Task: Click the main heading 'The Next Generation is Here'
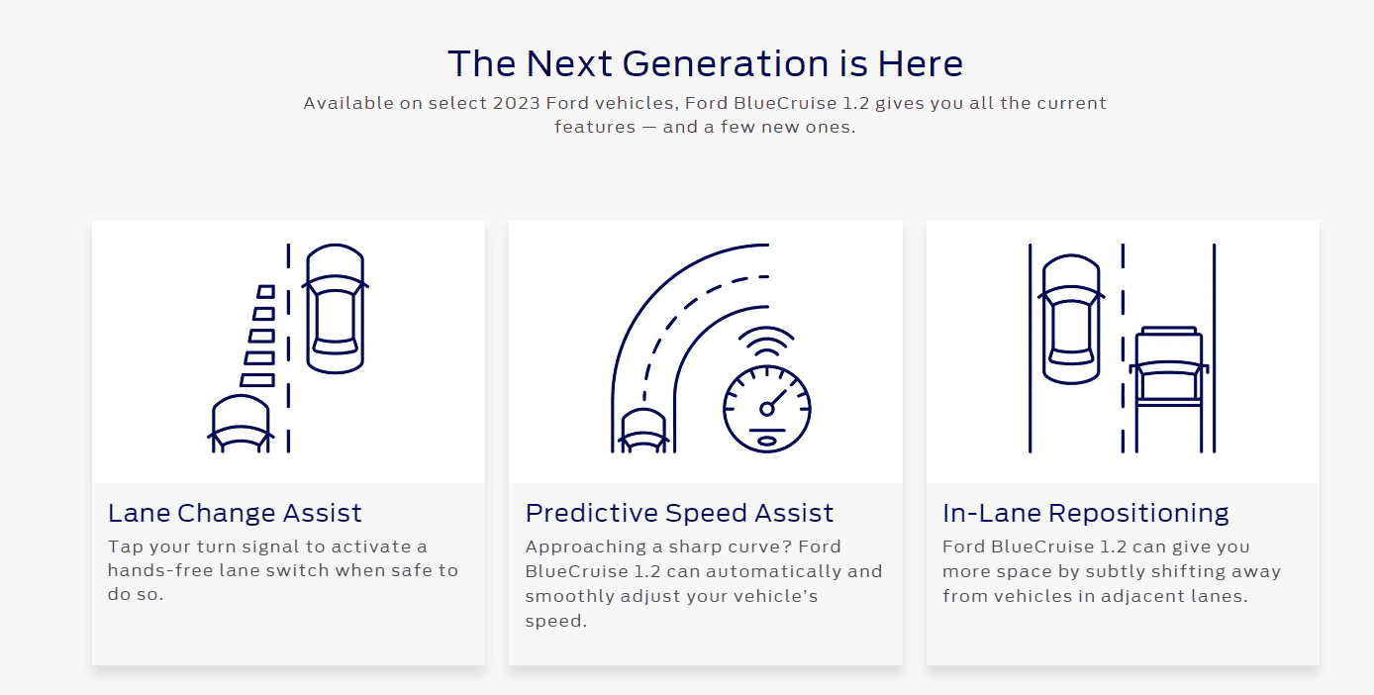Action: point(706,63)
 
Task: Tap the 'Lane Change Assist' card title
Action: point(235,513)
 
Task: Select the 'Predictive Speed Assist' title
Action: point(679,513)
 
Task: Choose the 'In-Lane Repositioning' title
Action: point(1086,513)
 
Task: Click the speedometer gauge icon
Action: point(767,409)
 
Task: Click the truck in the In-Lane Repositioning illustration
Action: point(1169,389)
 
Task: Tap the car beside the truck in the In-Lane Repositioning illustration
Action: point(1071,319)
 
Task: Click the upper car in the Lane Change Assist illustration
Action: point(335,309)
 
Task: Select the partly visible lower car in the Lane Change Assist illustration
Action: point(241,425)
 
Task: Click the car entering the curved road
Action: point(642,432)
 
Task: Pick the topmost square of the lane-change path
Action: point(265,291)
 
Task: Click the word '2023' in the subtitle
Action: point(516,103)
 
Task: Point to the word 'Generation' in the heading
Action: point(726,63)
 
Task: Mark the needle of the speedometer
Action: point(775,400)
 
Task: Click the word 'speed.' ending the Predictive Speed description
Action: point(555,622)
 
